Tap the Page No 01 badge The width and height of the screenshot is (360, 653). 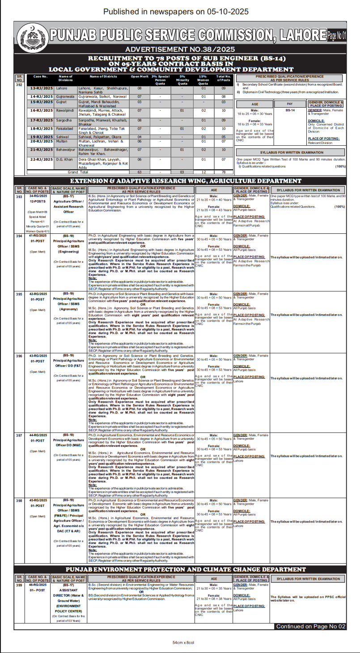(336, 35)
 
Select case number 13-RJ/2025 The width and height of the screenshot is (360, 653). (41, 88)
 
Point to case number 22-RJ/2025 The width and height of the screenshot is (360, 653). (41, 159)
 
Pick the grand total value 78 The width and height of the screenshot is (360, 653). (224, 172)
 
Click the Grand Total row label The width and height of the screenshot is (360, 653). (78, 172)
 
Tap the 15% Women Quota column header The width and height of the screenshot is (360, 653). (203, 79)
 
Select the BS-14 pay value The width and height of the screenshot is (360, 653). (289, 110)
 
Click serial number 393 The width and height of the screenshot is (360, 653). (19, 196)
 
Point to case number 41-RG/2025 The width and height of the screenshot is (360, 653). (38, 236)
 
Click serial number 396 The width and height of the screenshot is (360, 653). (19, 356)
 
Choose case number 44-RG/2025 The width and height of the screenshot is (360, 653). (38, 435)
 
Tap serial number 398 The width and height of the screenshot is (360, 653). (19, 500)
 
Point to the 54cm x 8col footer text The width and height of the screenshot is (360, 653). (180, 642)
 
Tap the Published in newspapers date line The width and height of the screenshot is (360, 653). (180, 11)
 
